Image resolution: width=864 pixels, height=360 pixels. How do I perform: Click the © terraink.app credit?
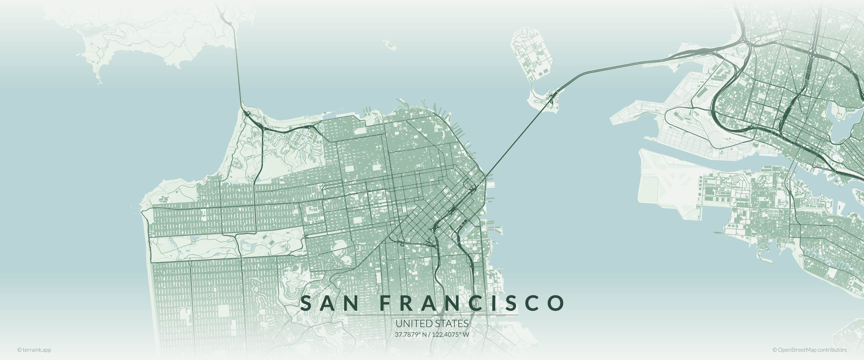point(34,350)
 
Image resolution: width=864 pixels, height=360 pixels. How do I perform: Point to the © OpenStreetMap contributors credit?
point(809,350)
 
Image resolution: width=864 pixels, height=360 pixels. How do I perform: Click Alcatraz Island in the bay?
point(389,45)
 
